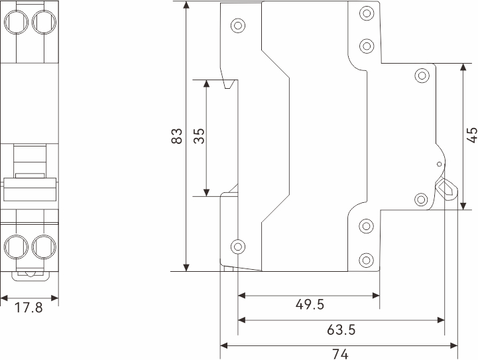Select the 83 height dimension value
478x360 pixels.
(x=177, y=137)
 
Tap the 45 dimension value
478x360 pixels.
(x=471, y=135)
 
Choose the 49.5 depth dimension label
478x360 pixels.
(x=309, y=304)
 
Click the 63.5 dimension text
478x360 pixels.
(x=341, y=330)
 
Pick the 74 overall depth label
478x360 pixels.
(x=339, y=354)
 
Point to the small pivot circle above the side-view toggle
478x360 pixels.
(x=438, y=164)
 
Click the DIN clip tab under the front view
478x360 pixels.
(x=30, y=272)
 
